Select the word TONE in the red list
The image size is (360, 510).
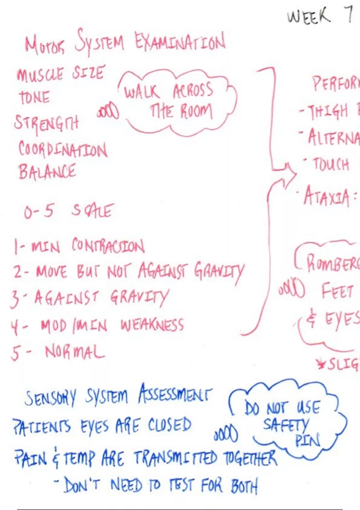pos(34,97)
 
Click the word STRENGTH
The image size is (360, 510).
pos(46,122)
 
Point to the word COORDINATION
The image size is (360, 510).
pos(62,149)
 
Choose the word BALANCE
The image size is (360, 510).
pos(47,172)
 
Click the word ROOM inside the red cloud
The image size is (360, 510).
pos(196,112)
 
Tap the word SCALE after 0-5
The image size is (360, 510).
pos(92,211)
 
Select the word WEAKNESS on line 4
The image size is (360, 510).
pos(152,325)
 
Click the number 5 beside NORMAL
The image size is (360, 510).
pos(16,353)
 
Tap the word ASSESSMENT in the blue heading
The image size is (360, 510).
pos(175,394)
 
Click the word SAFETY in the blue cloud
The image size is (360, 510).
pos(286,425)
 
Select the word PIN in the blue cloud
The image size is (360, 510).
pos(307,440)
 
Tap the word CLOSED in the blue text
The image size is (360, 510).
pos(169,425)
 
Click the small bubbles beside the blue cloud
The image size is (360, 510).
pos(226,434)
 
